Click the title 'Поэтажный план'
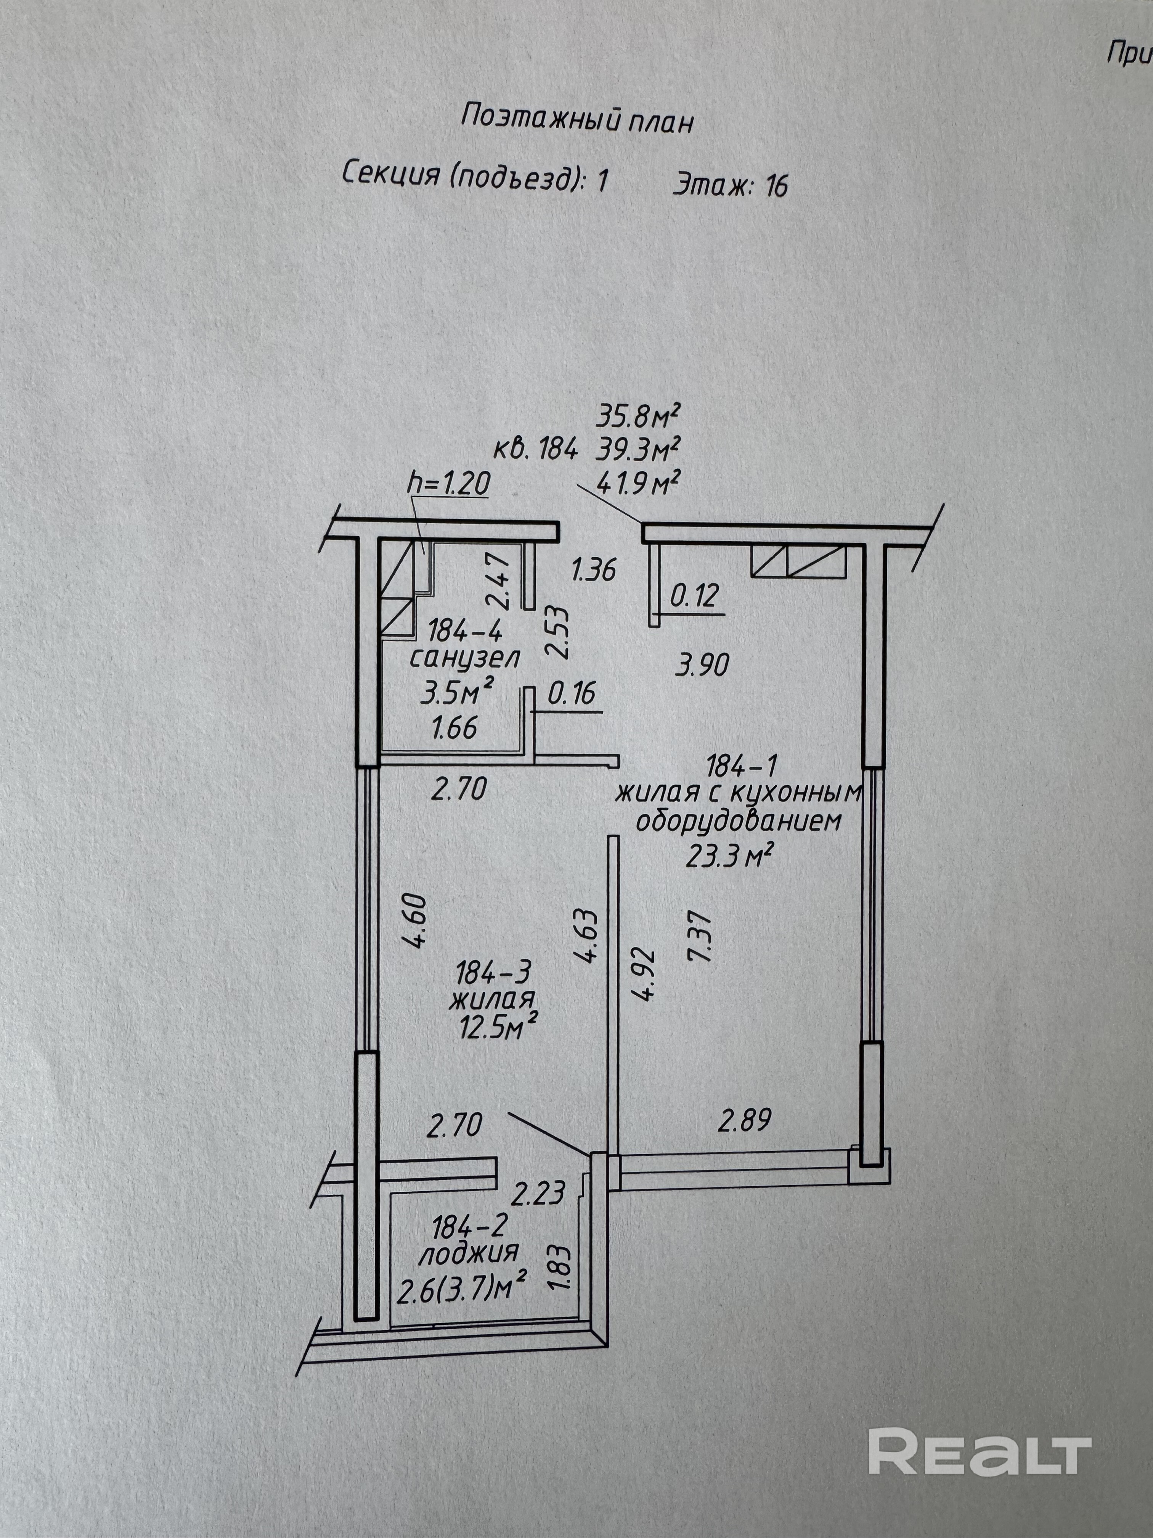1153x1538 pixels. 578,120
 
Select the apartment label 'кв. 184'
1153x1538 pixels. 535,450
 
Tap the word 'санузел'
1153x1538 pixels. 464,658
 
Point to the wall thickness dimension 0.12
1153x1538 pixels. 694,596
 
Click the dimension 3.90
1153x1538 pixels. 702,665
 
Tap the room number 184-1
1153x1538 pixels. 741,767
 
